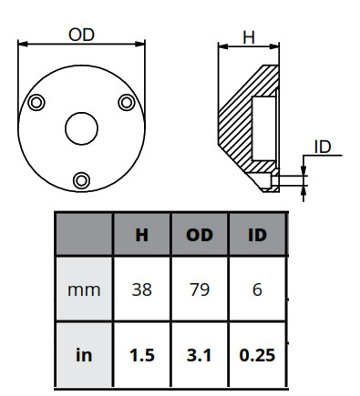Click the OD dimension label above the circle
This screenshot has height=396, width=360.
81,35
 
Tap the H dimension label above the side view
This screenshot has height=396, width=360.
249,38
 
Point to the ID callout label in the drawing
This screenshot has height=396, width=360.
323,147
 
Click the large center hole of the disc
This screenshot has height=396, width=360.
81,128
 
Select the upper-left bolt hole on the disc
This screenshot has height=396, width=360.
36,102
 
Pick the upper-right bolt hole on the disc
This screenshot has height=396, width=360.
127,102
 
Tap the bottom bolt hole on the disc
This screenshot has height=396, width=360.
81,180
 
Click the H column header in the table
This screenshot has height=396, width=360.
141,235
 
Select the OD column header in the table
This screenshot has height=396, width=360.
200,235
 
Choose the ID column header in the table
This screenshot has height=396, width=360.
257,235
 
